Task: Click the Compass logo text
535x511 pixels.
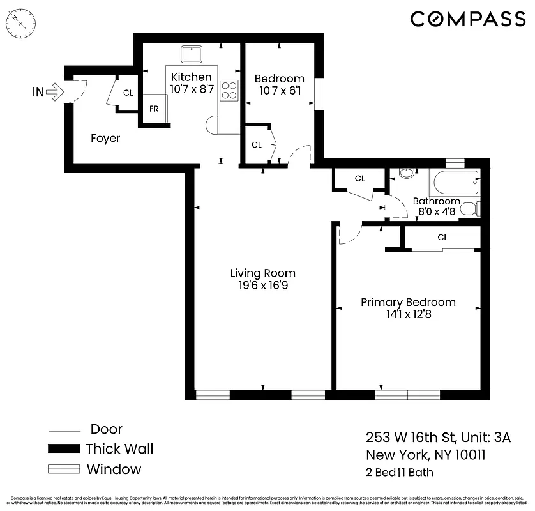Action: tap(467, 19)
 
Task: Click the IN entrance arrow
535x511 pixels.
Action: tap(56, 93)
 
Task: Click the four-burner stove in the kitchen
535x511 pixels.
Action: tap(229, 91)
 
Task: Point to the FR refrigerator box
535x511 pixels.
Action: tap(154, 109)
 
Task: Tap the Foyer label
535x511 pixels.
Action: tap(105, 138)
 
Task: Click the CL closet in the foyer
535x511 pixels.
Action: tap(128, 93)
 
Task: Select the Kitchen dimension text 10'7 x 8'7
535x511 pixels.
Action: tap(191, 89)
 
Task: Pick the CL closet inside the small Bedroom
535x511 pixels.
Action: tap(257, 145)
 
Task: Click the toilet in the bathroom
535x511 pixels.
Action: tap(471, 208)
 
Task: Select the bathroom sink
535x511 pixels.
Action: tap(405, 173)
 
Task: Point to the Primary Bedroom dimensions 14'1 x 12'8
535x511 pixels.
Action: tap(409, 314)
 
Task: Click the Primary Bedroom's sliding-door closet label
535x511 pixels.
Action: tap(442, 237)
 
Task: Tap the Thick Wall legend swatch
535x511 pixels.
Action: tap(64, 449)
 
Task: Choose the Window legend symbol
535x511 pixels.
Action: tap(64, 469)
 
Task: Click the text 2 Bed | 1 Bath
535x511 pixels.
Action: tap(400, 473)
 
